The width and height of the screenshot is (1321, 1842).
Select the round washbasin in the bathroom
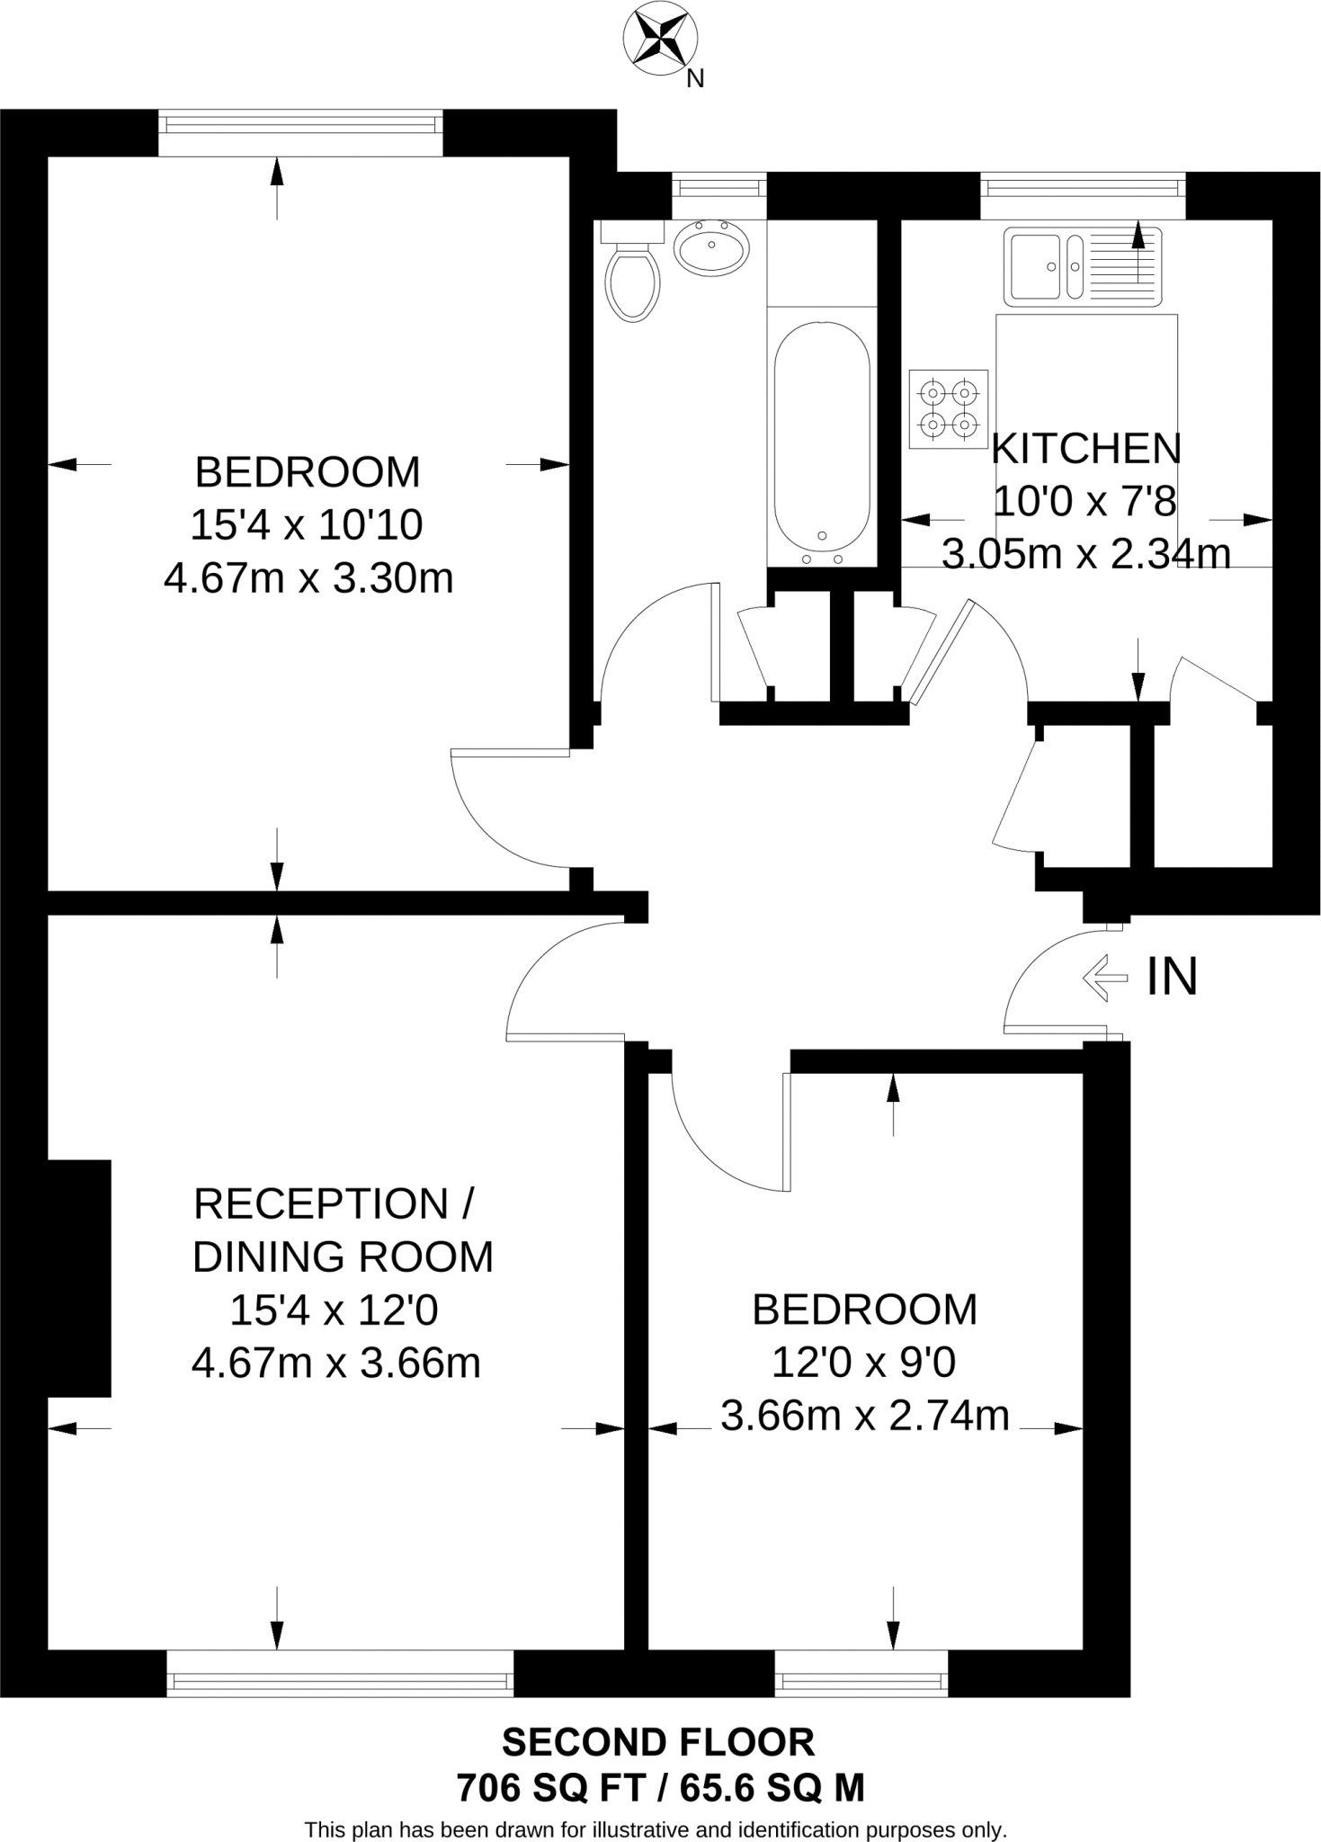[711, 247]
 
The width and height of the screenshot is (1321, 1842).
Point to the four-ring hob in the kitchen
[948, 408]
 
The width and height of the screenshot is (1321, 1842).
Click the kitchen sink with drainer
[1083, 265]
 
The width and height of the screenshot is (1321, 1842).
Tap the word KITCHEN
[1085, 449]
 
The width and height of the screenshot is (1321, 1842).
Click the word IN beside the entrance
[1172, 977]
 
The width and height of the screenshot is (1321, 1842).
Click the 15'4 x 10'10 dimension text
[306, 525]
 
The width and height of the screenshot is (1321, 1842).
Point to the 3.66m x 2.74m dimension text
[864, 1416]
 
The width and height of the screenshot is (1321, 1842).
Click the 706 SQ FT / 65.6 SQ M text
[660, 1787]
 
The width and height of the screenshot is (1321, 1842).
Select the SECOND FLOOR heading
[658, 1742]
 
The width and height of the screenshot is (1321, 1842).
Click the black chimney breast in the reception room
[78, 1278]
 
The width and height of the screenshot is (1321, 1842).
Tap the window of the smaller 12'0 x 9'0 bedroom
[861, 1680]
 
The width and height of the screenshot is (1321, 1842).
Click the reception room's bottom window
[340, 1680]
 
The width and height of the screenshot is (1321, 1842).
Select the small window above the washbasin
[719, 187]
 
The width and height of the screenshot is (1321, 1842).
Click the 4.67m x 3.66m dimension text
[335, 1364]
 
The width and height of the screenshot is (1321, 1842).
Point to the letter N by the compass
[694, 79]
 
